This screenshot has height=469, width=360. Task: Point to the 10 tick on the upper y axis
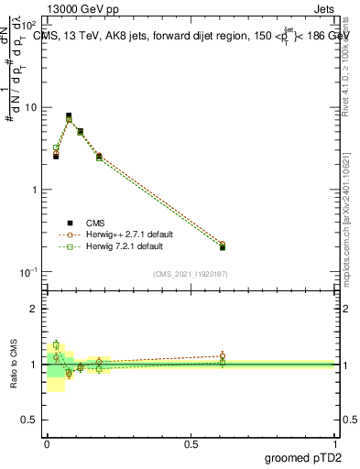pos(31,108)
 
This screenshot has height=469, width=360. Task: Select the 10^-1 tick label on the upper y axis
pos(29,272)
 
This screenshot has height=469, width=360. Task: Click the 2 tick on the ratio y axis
pos(34,309)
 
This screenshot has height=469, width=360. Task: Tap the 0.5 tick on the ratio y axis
pos(30,420)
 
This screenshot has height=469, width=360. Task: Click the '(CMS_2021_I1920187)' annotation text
pos(191,273)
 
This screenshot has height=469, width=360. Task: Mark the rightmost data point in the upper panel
pos(223,246)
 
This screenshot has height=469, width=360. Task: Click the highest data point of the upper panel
pos(69,116)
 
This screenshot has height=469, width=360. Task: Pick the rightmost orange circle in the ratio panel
pos(223,355)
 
